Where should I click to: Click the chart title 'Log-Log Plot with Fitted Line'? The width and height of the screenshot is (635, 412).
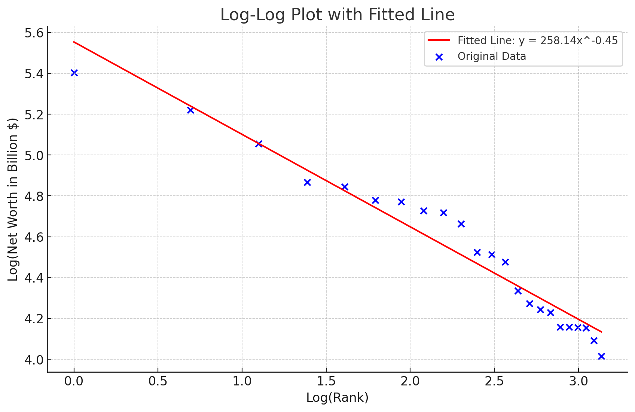pos(337,15)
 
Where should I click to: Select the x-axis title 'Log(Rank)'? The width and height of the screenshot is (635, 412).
pos(337,397)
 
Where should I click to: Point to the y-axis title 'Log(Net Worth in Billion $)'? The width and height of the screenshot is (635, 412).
pos(13,199)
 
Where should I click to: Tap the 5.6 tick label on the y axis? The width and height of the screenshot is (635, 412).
pos(34,33)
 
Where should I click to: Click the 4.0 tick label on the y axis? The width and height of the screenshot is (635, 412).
pos(34,360)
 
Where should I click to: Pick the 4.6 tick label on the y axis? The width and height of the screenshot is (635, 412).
pos(34,237)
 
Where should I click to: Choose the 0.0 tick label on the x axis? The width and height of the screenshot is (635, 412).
pos(74,382)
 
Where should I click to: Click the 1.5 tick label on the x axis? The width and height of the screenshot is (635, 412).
pos(326,382)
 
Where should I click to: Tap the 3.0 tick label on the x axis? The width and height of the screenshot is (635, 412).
pos(578,382)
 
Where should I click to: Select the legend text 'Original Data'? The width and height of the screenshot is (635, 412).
pos(492,57)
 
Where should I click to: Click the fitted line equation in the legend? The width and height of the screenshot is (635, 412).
pos(538,40)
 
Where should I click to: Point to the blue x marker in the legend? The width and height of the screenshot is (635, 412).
pos(439,57)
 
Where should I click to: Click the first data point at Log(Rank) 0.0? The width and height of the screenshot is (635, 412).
pos(74,73)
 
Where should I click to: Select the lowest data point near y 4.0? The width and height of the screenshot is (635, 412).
pos(601,356)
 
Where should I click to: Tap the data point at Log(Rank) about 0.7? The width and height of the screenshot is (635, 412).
pos(190,110)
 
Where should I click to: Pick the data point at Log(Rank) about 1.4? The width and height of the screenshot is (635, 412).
pos(307,182)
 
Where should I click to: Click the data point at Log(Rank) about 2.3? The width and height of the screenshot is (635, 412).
pos(461,224)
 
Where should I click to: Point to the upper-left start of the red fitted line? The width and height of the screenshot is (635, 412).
pos(74,42)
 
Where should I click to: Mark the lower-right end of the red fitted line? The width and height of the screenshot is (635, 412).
pos(601,332)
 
